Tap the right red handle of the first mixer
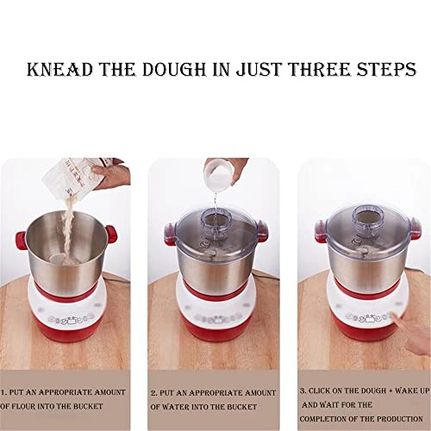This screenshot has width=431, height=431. [114, 232]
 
